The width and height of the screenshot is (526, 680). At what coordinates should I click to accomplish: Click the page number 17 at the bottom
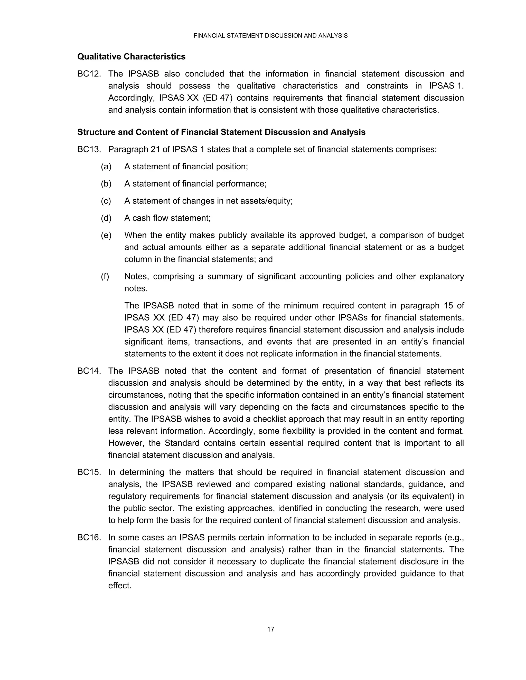point(270,629)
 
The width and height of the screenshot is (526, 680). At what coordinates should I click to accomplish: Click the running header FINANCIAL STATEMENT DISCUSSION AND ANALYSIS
point(270,36)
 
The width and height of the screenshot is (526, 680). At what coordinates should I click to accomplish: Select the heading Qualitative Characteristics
point(131,57)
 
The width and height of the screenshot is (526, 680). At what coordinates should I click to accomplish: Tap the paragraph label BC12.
point(89,74)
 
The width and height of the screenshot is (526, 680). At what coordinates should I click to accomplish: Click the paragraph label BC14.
point(89,371)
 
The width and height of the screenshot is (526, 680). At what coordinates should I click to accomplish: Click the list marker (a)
point(106,167)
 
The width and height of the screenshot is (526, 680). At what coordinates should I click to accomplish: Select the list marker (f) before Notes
point(105,276)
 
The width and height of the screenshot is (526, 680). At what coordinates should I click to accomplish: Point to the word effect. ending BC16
point(120,586)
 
